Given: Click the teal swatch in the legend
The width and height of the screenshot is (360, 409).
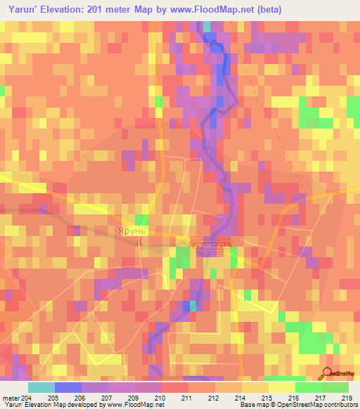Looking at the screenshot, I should point(41,387).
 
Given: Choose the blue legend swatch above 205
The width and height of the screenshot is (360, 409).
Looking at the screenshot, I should point(68,387).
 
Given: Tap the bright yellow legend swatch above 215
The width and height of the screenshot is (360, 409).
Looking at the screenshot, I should point(281,387).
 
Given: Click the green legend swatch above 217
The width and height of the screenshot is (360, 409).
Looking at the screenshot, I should point(308,387).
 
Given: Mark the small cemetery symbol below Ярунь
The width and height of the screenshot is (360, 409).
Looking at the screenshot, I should point(139,242).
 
